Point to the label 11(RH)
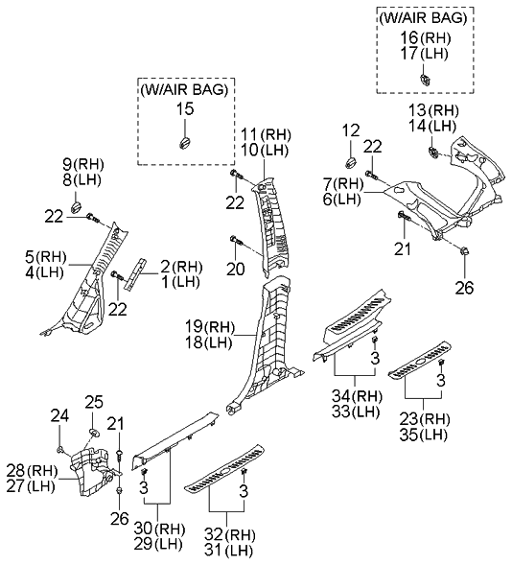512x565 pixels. pyautogui.click(x=264, y=133)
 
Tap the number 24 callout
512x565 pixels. pyautogui.click(x=59, y=414)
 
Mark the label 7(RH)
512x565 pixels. pyautogui.click(x=340, y=183)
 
